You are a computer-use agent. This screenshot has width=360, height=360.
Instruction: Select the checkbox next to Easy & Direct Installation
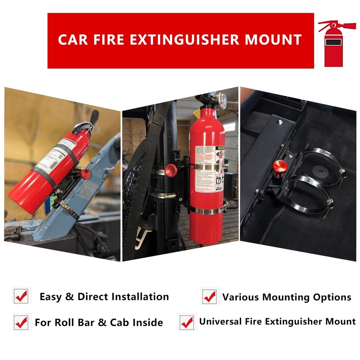tap(21, 296)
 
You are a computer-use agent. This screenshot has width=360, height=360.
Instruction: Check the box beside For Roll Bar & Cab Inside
tap(21, 323)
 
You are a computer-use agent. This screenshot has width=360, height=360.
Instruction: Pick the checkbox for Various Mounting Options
tap(210, 297)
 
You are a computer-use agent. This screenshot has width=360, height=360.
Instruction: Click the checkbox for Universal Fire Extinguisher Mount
tap(187, 323)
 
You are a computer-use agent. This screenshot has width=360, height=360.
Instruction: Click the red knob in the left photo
tap(86, 174)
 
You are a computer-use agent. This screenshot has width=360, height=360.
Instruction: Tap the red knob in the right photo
tap(280, 167)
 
